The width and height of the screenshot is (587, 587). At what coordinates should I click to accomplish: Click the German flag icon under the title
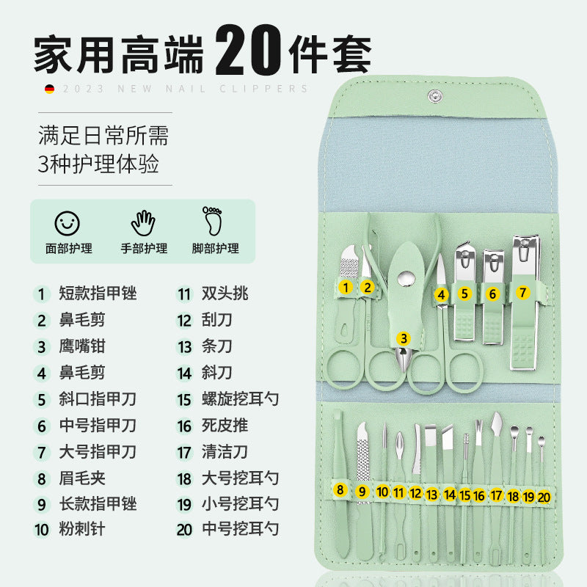click(49, 89)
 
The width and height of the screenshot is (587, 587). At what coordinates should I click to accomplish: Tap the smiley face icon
click(67, 224)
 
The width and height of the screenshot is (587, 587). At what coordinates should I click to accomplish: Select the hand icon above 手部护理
click(143, 223)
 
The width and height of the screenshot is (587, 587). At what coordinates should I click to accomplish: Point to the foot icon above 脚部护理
click(213, 221)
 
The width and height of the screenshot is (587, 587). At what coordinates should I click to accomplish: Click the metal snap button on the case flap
click(434, 96)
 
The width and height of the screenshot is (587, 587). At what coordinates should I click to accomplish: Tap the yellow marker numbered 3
click(404, 338)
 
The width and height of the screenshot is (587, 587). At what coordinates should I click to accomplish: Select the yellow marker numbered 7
click(522, 292)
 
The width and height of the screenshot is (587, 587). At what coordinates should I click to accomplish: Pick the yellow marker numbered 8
click(340, 489)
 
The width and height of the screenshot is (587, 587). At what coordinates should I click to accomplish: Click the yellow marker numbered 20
click(544, 497)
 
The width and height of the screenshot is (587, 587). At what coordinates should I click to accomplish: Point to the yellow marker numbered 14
click(450, 495)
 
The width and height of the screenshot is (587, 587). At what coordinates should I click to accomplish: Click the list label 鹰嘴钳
click(82, 346)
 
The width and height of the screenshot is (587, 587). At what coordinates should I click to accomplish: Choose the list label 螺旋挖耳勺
click(241, 399)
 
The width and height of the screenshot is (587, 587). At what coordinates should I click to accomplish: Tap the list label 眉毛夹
click(82, 478)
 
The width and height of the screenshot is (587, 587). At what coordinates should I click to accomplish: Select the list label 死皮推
click(225, 426)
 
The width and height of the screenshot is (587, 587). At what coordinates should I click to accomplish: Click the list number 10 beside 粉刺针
click(42, 530)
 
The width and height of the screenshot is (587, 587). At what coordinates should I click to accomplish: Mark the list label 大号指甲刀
click(98, 452)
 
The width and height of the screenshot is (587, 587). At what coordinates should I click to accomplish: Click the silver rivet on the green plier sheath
click(406, 279)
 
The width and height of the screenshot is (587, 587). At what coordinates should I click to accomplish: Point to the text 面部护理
click(68, 249)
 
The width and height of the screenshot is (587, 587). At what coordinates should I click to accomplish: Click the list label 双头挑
click(225, 293)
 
